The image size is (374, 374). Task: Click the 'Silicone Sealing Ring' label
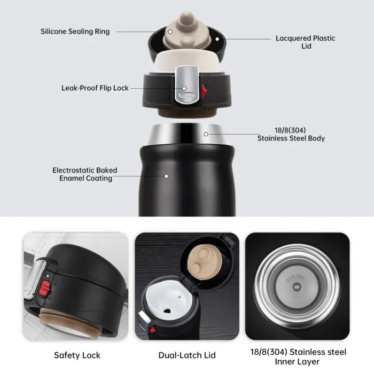click(75, 32)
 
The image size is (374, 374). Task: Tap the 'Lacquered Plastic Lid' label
click(305, 42)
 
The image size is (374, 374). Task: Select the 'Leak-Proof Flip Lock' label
click(95, 88)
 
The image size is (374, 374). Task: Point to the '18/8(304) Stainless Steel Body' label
click(291, 134)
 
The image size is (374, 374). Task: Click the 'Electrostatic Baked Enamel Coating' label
click(85, 174)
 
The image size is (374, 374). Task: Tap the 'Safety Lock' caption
click(77, 355)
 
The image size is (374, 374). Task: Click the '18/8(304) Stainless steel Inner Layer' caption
click(298, 357)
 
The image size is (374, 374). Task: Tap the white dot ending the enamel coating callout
click(167, 175)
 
